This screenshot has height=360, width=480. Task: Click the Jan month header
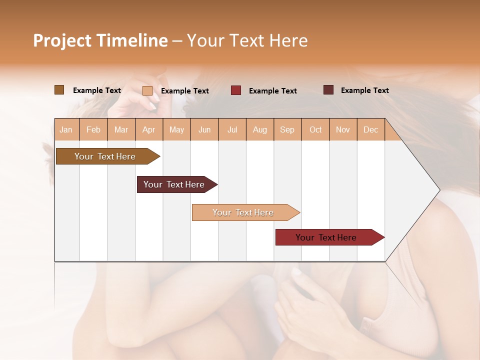(x=66, y=129)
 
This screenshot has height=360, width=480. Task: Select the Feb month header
(x=93, y=129)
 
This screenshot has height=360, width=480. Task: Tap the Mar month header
(x=121, y=129)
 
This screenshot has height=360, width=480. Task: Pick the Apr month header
(x=149, y=129)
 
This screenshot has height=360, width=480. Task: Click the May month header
(x=176, y=129)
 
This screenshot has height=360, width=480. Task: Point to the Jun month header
(x=204, y=129)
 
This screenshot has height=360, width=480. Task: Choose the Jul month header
(x=232, y=129)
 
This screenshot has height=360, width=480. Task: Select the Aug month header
(x=260, y=129)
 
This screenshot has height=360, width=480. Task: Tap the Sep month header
(x=287, y=129)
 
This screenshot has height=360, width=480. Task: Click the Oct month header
(x=315, y=129)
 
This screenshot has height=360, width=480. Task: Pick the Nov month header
(x=343, y=129)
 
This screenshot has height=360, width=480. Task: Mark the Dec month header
(x=370, y=129)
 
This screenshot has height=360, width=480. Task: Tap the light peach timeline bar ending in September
(x=243, y=212)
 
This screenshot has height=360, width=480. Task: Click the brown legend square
(x=59, y=90)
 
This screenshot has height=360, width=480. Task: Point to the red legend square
(x=236, y=90)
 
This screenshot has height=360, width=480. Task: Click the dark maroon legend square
(x=328, y=90)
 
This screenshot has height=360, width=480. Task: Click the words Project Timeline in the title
(x=100, y=40)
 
